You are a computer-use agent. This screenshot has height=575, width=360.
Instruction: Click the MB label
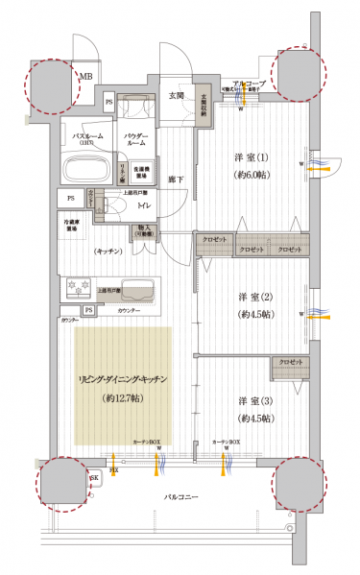85,77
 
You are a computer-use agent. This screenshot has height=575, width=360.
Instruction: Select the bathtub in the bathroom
86,170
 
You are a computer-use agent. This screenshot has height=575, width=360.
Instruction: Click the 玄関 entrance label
178,95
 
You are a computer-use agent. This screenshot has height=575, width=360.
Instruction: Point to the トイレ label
141,205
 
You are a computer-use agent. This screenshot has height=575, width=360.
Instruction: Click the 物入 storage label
144,230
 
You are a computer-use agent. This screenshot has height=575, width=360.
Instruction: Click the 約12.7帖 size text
122,396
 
